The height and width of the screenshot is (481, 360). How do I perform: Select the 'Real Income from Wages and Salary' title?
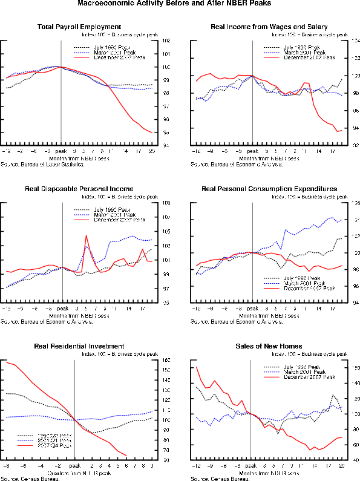[x=269, y=27]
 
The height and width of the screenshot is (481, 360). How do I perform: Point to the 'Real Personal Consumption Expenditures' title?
[x=269, y=189]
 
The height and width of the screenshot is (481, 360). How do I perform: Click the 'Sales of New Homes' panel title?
[x=269, y=346]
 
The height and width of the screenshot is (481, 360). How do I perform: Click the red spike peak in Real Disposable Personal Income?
[x=87, y=235]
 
